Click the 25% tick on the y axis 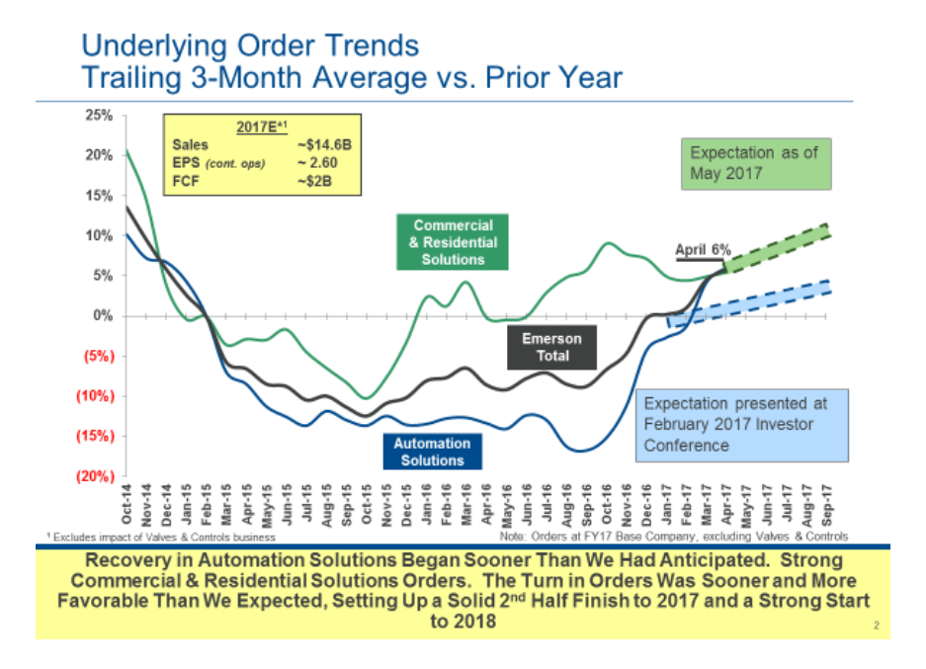click(x=99, y=115)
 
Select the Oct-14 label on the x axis click(x=126, y=507)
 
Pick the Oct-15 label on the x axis click(x=367, y=507)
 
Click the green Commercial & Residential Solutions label click(x=453, y=242)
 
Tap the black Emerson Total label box click(x=552, y=347)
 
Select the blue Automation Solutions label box click(x=432, y=452)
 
